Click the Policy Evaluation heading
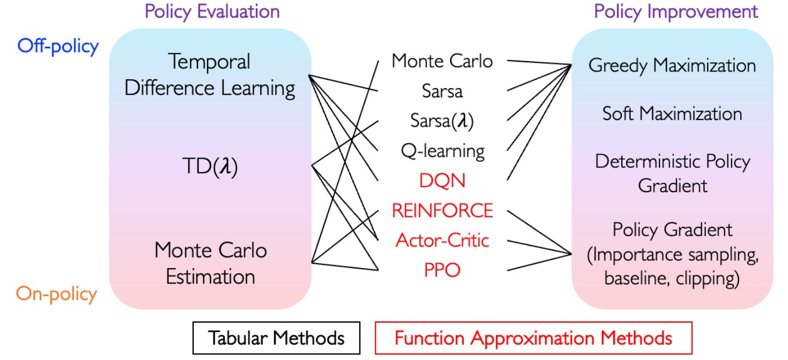tap(212, 12)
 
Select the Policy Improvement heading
tap(676, 12)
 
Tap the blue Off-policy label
tap(58, 46)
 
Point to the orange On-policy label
tap(57, 294)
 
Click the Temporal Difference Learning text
tap(210, 75)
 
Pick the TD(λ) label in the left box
tap(210, 165)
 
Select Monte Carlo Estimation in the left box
tap(210, 263)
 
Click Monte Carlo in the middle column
tap(442, 61)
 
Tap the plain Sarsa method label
tap(442, 91)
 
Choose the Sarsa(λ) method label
tap(442, 121)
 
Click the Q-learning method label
tap(442, 150)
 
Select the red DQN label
tap(442, 181)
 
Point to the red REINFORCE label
tap(442, 210)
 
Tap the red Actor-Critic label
tap(442, 240)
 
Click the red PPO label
tap(442, 270)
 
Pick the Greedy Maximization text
tap(672, 66)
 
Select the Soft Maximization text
tap(672, 114)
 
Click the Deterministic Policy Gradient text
tap(672, 173)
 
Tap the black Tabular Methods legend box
tap(276, 337)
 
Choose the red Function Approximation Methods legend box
tap(533, 337)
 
